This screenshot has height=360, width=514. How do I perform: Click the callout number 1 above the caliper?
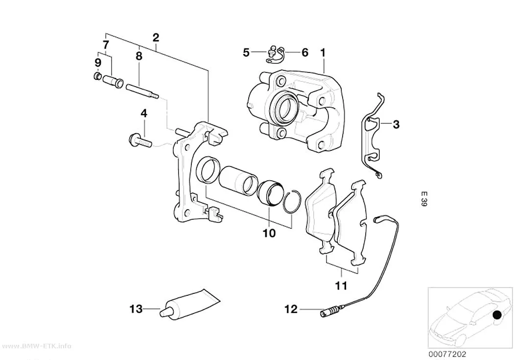323,52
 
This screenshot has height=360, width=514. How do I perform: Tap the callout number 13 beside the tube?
136,309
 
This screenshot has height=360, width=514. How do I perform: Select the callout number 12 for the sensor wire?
291,309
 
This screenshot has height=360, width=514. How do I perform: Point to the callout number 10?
269,234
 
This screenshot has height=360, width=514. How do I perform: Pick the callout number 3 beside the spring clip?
396,124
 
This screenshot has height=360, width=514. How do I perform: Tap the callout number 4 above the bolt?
144,114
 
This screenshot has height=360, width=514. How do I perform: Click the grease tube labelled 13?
189,304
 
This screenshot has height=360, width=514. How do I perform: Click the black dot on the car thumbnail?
497,315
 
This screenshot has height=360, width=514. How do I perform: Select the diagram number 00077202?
447,354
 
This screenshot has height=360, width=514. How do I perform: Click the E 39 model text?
424,199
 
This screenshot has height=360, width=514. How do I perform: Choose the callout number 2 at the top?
156,37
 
